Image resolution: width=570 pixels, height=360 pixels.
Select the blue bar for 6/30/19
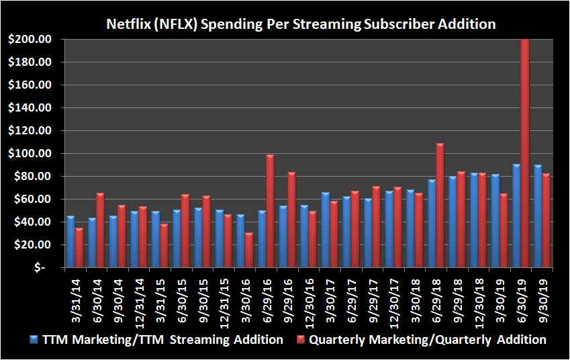point(516,216)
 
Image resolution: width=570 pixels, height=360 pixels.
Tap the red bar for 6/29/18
point(440,205)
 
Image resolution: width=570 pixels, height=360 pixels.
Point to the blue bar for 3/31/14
point(70,241)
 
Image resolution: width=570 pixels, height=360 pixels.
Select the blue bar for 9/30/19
point(538,216)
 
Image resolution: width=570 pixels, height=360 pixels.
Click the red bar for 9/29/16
point(291,219)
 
